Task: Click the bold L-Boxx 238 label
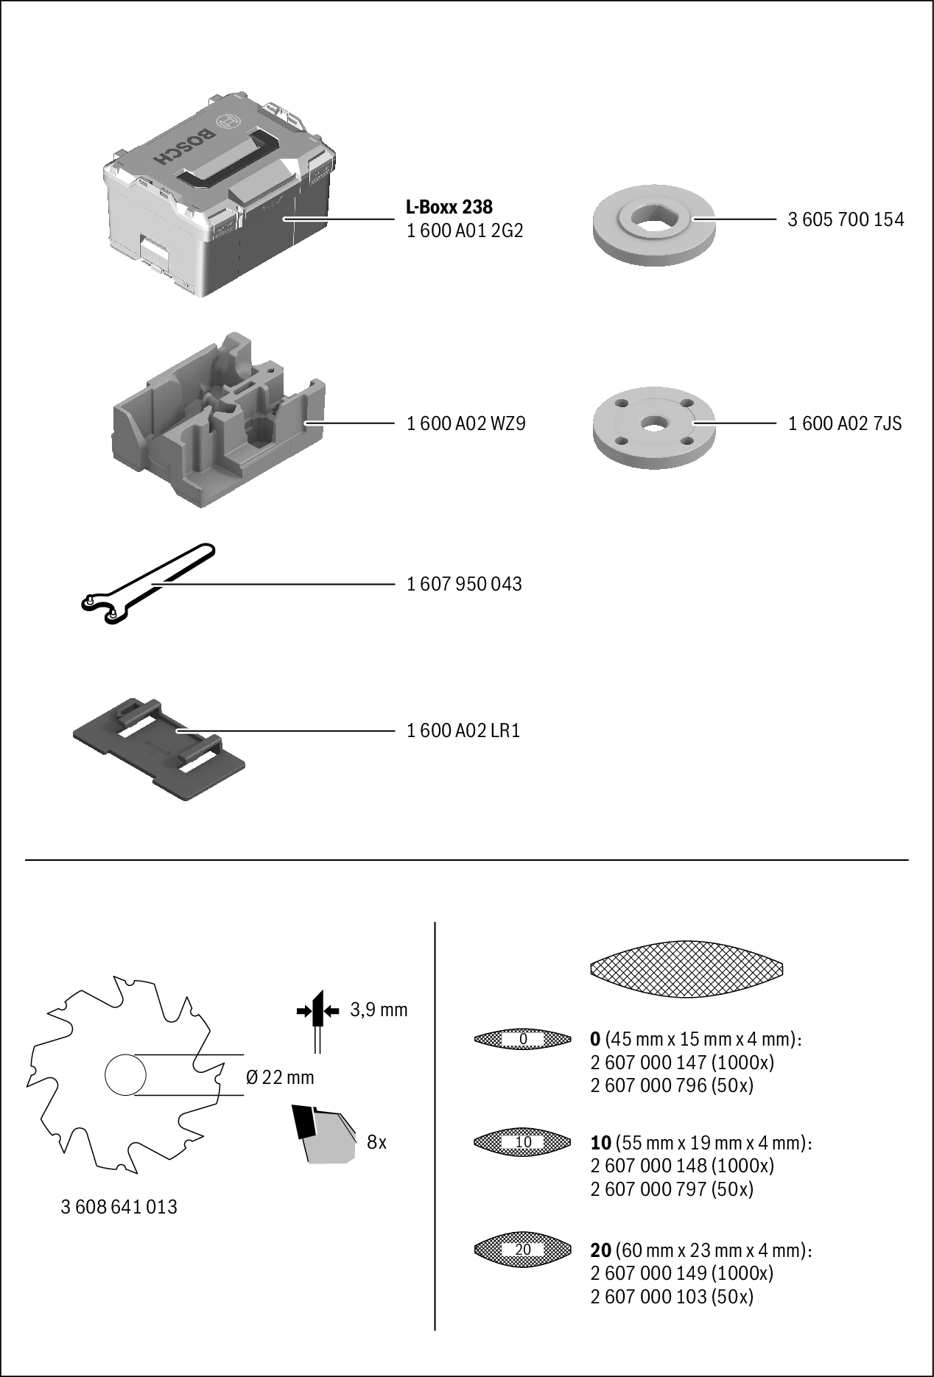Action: coord(449,207)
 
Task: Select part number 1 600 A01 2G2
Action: coord(464,230)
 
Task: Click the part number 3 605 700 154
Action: coord(846,219)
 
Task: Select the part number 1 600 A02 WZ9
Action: coord(466,423)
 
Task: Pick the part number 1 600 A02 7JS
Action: coord(845,423)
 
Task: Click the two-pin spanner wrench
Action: coord(147,582)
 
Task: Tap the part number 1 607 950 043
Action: coord(464,584)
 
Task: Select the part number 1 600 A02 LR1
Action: coord(463,730)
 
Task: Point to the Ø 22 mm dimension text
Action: coord(279,1077)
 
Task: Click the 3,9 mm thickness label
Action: coord(379,1009)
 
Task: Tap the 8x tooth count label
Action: coord(376,1142)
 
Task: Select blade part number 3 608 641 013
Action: coord(119,1207)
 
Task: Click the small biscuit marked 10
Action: coord(523,1142)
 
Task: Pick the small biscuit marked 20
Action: coord(523,1250)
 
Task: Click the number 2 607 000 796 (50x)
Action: coord(671,1085)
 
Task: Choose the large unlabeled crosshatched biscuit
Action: coord(687,968)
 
